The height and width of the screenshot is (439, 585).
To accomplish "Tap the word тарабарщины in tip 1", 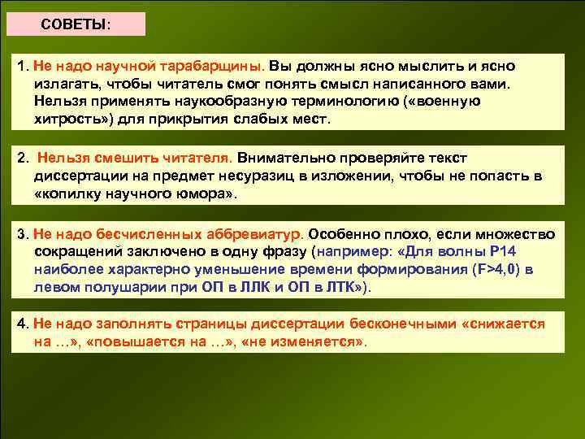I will (x=217, y=65).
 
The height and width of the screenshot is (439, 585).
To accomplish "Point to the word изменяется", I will (x=318, y=341).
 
